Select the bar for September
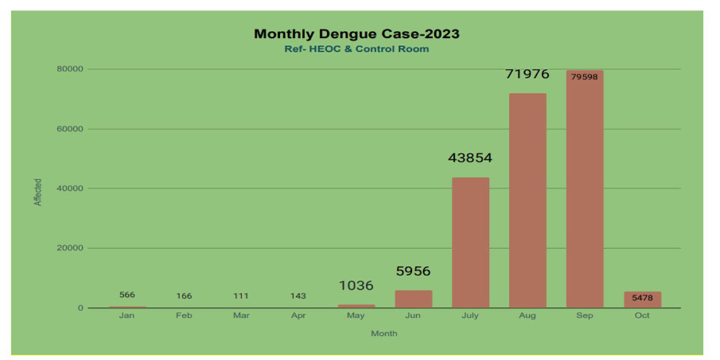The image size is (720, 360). (584, 189)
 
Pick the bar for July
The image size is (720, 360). (470, 243)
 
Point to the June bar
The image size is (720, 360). (413, 299)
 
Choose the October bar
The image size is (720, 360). (642, 300)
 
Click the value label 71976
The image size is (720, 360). (527, 75)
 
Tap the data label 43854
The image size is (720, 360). (470, 158)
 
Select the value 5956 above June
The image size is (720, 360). (413, 272)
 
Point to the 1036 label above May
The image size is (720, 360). (356, 285)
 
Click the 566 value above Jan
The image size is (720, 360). (127, 295)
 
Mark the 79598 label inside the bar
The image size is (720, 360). (584, 77)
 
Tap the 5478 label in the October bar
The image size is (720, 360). (642, 298)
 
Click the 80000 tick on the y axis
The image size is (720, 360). (70, 69)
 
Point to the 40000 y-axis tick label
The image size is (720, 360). (70, 188)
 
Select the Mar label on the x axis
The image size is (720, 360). (241, 315)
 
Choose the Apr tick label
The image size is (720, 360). (298, 315)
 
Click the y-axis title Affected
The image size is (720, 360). (38, 192)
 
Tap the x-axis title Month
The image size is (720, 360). (384, 333)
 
